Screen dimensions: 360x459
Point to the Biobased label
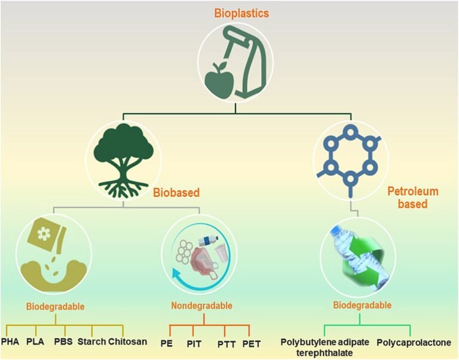pyautogui.click(x=176, y=193)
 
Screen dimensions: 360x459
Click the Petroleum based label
pyautogui.click(x=412, y=198)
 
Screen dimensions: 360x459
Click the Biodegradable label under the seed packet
pyautogui.click(x=55, y=307)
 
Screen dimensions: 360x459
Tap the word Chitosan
pyautogui.click(x=128, y=342)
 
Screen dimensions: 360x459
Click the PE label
pyautogui.click(x=167, y=343)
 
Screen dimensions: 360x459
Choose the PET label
pyautogui.click(x=253, y=343)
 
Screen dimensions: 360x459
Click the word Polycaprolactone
pyautogui.click(x=414, y=343)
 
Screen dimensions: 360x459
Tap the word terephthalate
pyautogui.click(x=325, y=353)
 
